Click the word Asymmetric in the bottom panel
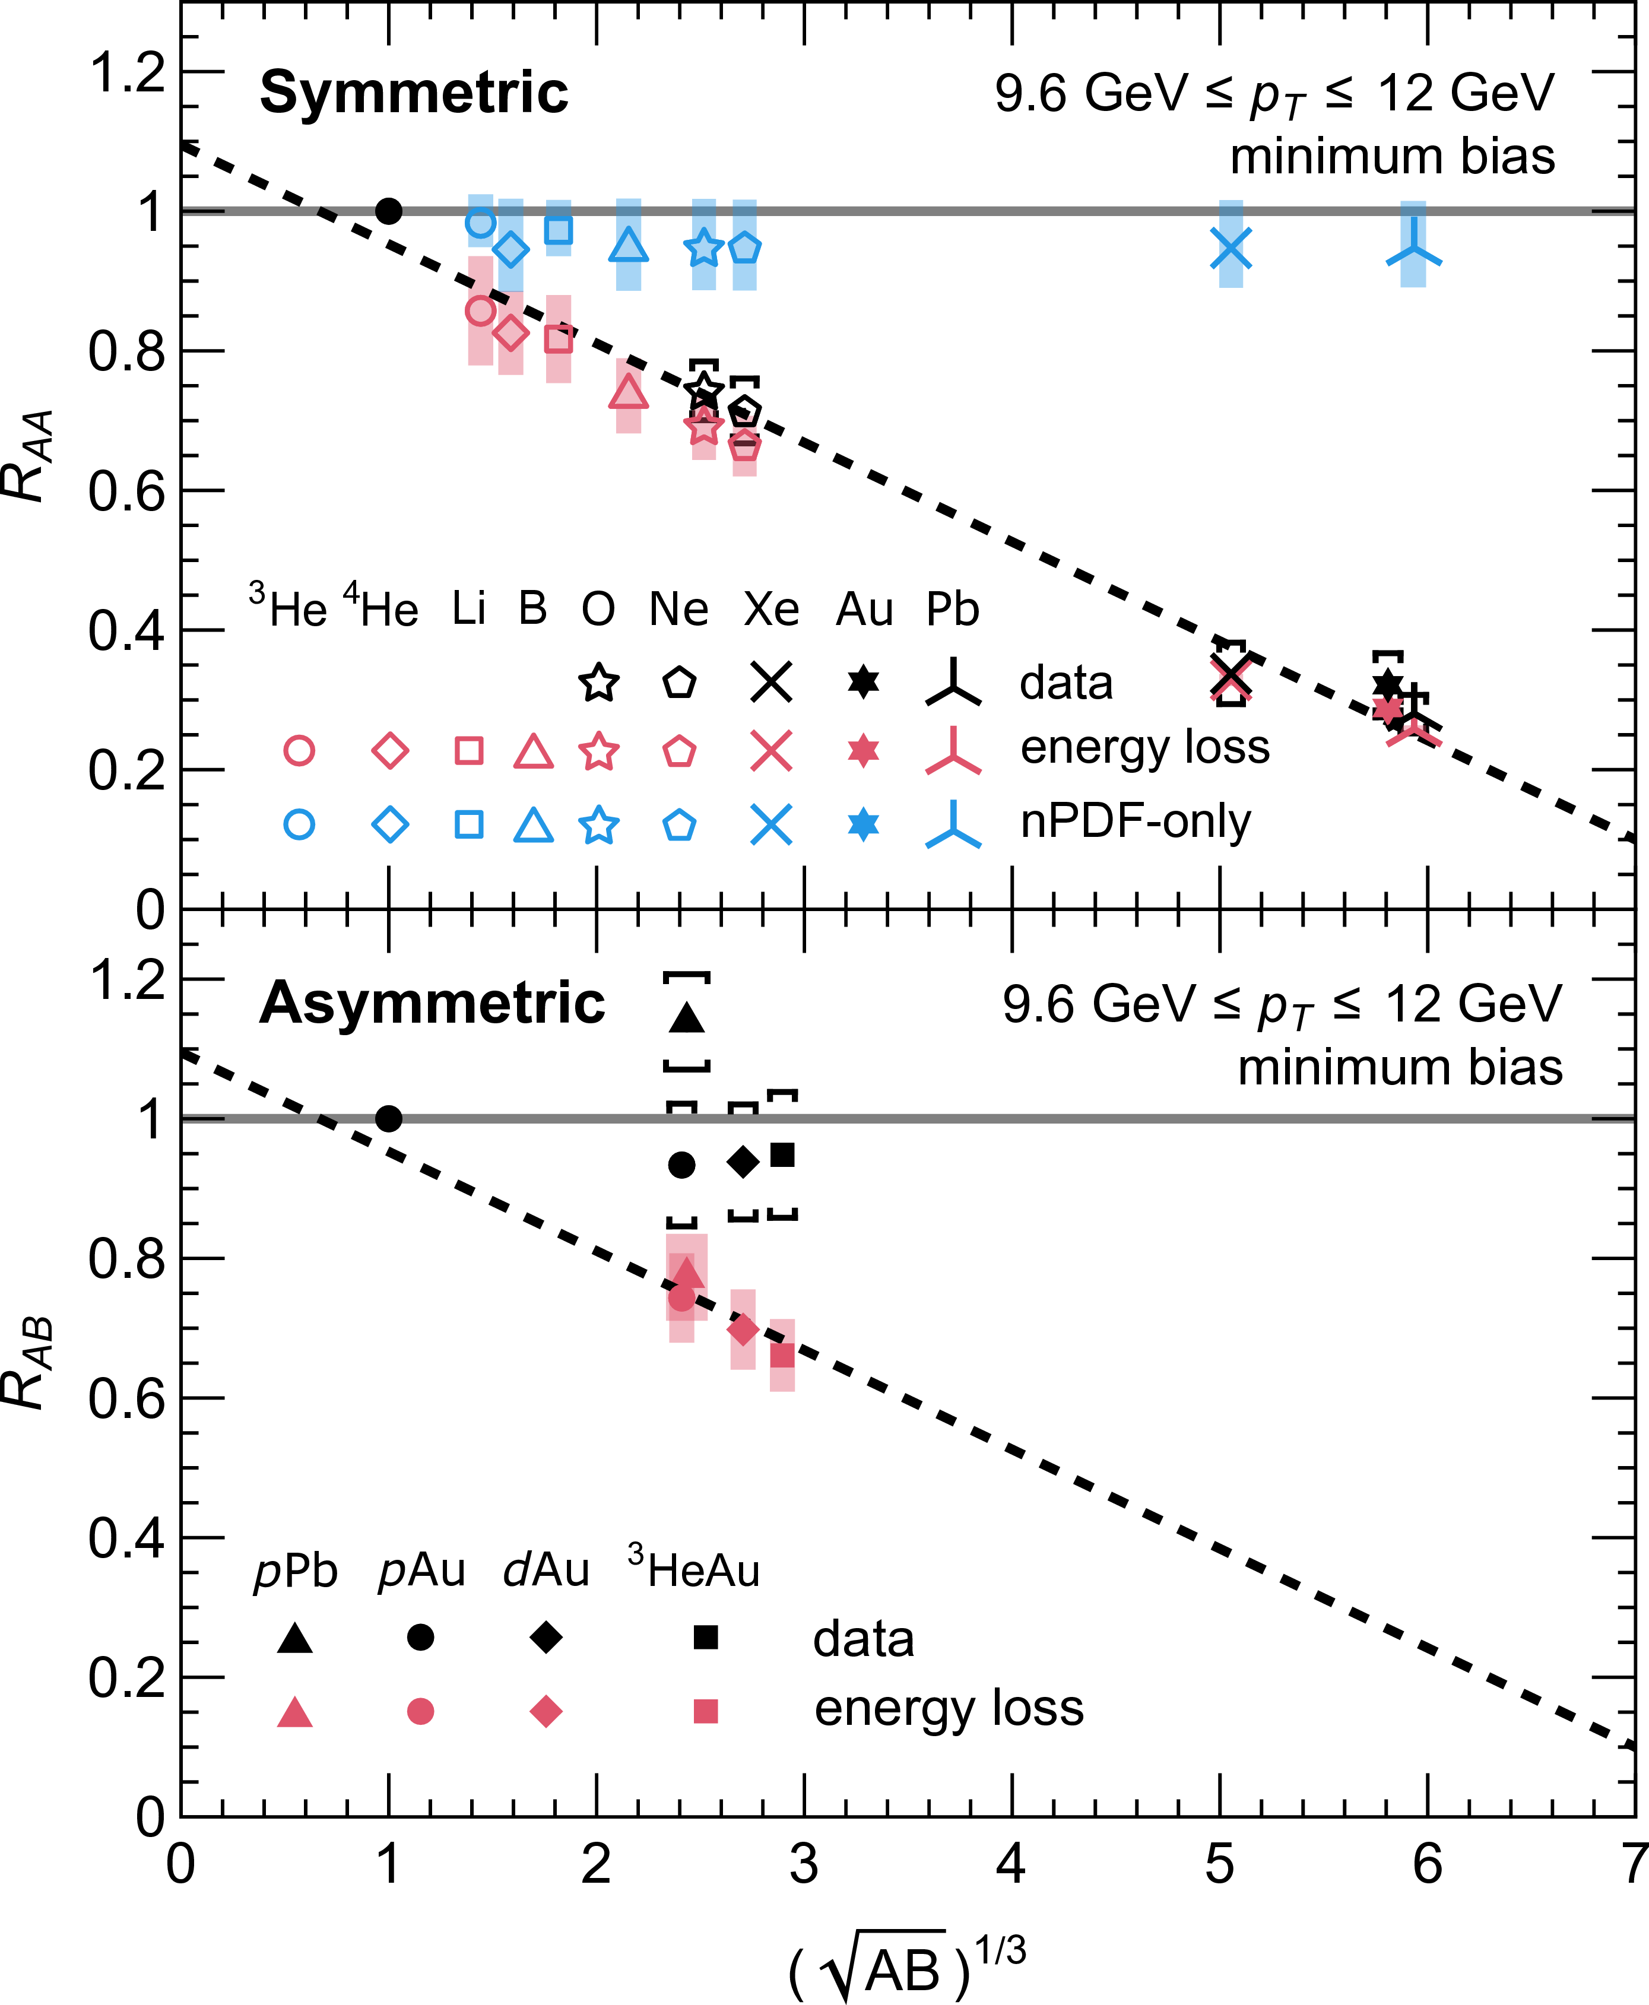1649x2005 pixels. pyautogui.click(x=432, y=1003)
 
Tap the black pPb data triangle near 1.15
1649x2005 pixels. pyautogui.click(x=687, y=1018)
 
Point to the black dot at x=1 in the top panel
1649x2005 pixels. pyautogui.click(x=388, y=211)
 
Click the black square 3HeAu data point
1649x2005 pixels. pyautogui.click(x=782, y=1155)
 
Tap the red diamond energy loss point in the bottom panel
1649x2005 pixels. pyautogui.click(x=743, y=1329)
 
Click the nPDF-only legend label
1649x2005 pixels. pyautogui.click(x=1135, y=821)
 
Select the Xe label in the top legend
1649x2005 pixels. pyautogui.click(x=770, y=609)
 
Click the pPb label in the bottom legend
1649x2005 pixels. pyautogui.click(x=296, y=1571)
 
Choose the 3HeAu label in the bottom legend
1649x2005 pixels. pyautogui.click(x=693, y=1569)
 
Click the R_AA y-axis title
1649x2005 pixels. pyautogui.click(x=28, y=456)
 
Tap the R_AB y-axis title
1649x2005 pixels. pyautogui.click(x=28, y=1363)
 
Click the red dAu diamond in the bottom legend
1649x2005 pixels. pyautogui.click(x=546, y=1712)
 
